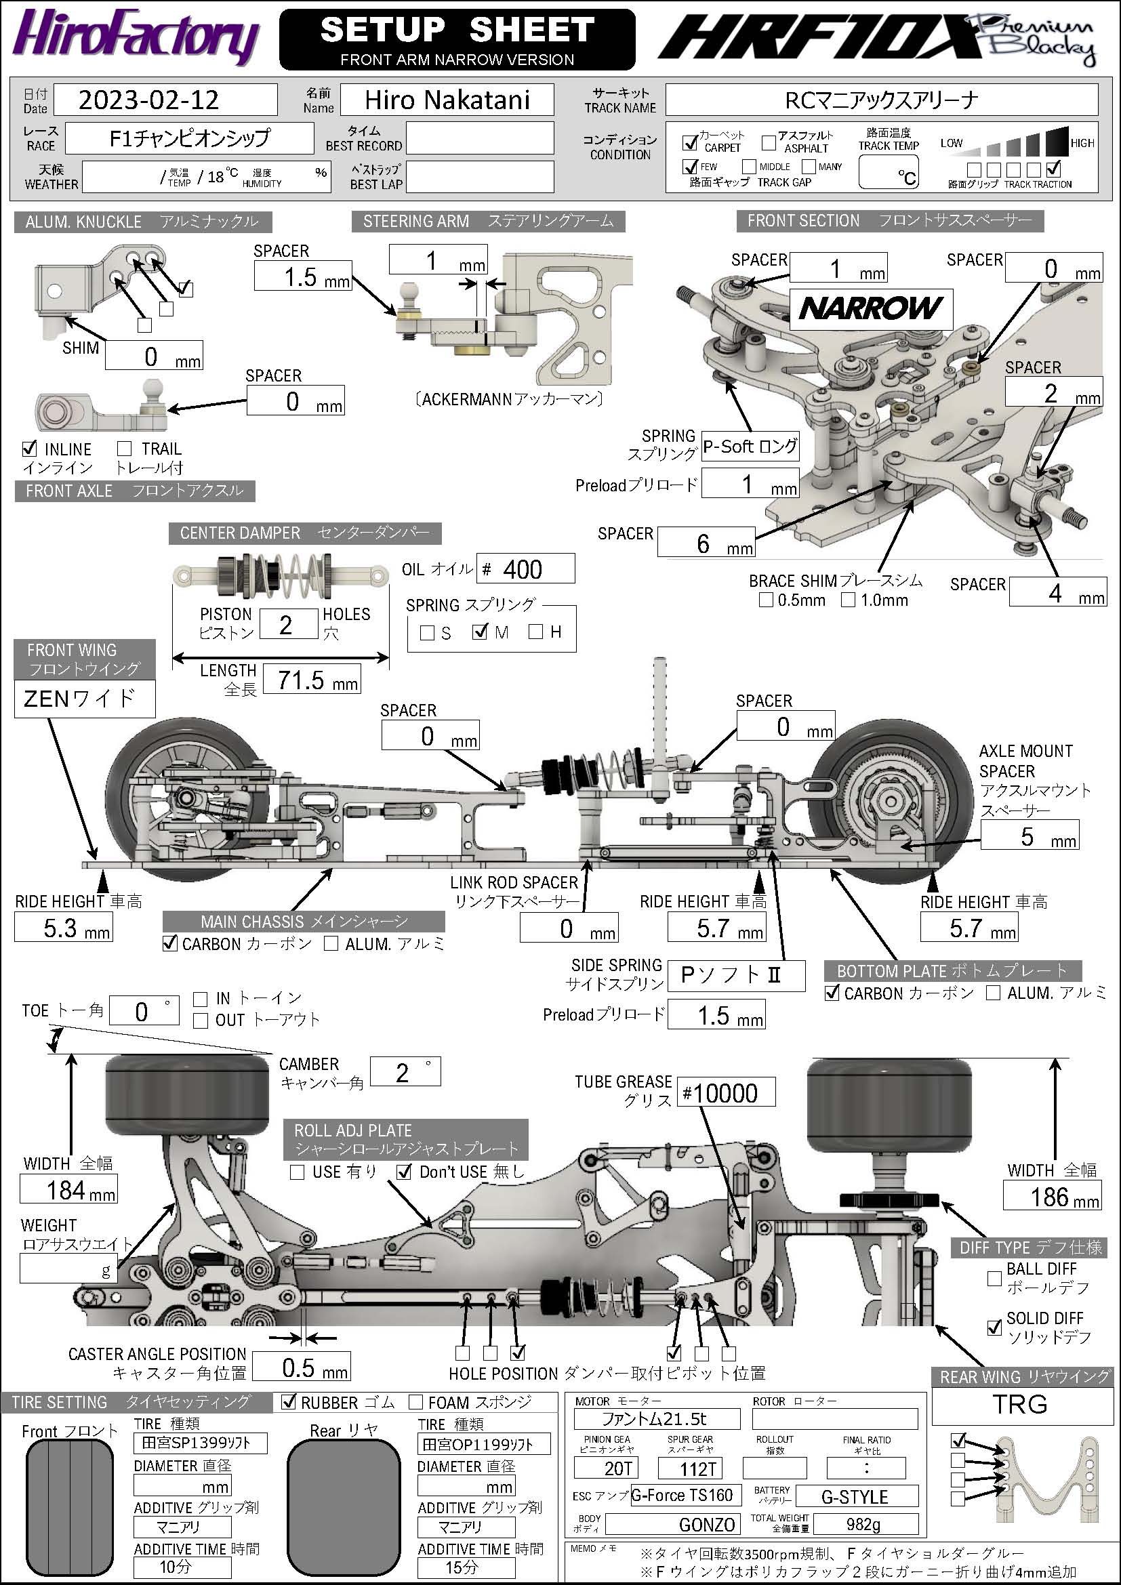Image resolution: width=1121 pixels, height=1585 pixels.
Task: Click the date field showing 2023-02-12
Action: pos(165,100)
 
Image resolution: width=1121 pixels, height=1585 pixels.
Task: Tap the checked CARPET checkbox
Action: pos(689,142)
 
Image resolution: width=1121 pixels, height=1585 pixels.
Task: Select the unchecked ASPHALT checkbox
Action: pos(769,142)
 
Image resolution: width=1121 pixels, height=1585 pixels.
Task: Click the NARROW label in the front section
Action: pos(870,308)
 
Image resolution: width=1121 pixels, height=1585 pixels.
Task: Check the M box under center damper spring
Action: pos(481,631)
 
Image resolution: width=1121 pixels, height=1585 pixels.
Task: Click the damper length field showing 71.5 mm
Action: pos(311,680)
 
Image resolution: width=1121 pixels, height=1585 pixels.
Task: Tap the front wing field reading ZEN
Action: pos(84,699)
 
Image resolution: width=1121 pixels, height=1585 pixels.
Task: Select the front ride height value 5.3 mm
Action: pos(63,927)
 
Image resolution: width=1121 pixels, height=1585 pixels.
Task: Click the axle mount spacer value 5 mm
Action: pos(1029,837)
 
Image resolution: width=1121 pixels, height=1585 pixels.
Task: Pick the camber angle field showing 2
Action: pos(405,1072)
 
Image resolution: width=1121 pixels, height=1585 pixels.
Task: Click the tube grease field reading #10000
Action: pos(725,1093)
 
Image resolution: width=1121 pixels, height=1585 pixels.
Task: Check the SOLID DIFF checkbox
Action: pos(994,1327)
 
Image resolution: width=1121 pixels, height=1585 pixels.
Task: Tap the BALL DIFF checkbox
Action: pos(994,1279)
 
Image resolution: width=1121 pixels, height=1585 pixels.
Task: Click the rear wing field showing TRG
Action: pos(1019,1404)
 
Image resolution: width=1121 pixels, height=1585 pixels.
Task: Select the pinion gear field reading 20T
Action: pos(605,1468)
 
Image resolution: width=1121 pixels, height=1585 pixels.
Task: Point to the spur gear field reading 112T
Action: pos(690,1468)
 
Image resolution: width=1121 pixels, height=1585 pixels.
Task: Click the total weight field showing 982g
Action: pos(865,1523)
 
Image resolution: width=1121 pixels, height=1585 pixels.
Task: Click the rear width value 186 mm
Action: pos(1051,1196)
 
